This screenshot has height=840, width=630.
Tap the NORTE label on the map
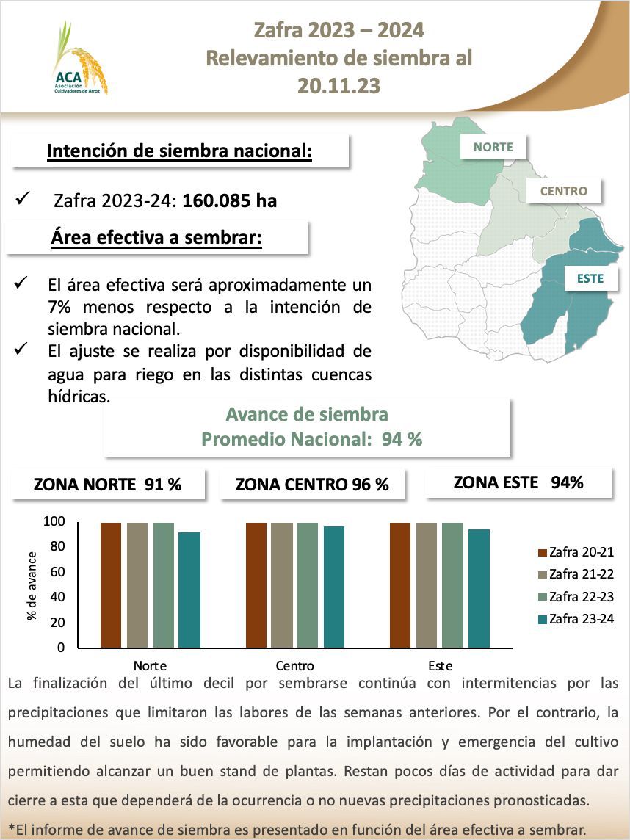pos(493,147)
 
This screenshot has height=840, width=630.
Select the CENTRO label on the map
pos(563,191)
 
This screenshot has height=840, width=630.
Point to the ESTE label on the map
pos(590,279)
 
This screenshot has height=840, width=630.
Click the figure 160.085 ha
pos(230,200)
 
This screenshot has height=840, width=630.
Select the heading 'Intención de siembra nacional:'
pos(180,151)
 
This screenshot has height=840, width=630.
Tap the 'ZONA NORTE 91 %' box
pos(107,485)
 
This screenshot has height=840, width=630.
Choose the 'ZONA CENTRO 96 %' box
pos(312,485)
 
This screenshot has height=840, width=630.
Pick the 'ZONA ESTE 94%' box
pos(518,482)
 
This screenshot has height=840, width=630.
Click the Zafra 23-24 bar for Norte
pos(189,590)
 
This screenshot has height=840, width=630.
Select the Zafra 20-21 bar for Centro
pos(256,585)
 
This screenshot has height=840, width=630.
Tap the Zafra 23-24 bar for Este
pos(479,589)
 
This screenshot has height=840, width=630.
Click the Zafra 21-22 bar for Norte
pos(137,585)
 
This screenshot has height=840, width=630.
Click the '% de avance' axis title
pos(32,584)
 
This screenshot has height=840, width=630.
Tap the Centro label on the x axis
pos(295,666)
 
